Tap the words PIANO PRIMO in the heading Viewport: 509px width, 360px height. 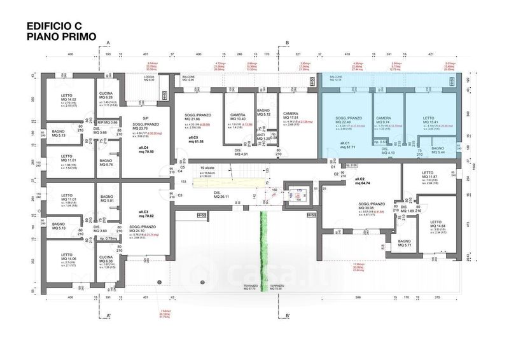(62, 37)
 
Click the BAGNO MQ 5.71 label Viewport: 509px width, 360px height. (405, 244)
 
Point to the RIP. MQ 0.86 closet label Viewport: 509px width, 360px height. (108, 121)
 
